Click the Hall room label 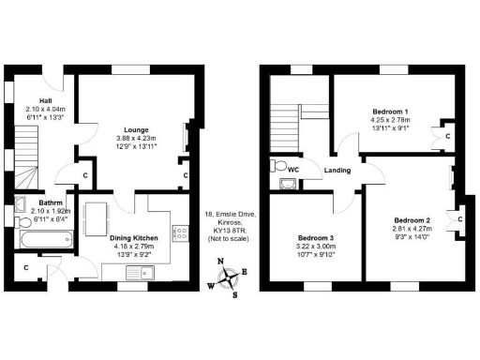click(45, 100)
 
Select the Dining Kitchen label click(134, 238)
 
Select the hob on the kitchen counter click(174, 231)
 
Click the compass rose click(226, 278)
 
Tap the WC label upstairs click(293, 170)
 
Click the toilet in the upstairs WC click(277, 167)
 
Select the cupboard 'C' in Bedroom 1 click(448, 136)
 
